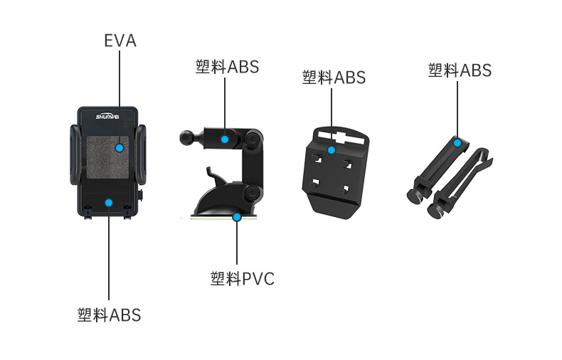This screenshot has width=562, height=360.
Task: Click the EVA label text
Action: point(120,41)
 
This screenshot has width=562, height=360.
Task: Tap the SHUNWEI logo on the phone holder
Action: point(107,117)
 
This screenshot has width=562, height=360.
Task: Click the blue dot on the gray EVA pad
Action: point(120,148)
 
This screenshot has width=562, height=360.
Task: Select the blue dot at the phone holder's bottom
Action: point(109,203)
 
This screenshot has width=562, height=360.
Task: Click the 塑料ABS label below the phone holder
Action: point(109,314)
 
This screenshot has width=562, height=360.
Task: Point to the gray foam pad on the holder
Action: point(107,157)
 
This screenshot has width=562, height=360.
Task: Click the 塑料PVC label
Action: point(243,279)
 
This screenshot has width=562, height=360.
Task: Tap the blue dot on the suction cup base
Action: point(237,217)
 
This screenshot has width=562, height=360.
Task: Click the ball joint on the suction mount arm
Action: point(187,137)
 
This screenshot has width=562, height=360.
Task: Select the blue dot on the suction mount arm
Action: point(225,139)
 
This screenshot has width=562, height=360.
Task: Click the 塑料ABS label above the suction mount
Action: point(227,67)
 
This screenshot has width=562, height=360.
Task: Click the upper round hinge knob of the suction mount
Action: point(253,139)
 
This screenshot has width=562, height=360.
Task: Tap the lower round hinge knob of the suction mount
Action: point(253,193)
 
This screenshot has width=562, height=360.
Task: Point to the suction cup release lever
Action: point(213,176)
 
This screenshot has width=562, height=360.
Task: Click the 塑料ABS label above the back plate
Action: point(334,77)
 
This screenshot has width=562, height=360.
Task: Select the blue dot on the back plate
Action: point(332,150)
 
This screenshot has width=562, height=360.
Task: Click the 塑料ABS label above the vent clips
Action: point(460,70)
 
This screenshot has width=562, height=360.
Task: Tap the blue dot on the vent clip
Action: point(457,144)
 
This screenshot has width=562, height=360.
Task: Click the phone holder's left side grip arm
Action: point(75,155)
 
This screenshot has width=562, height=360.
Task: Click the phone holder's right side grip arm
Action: point(141,155)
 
